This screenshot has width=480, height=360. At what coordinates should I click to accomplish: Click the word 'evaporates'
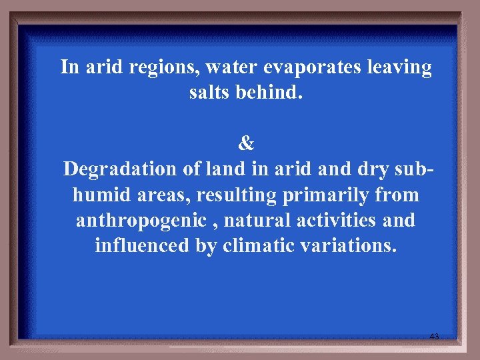click(315, 67)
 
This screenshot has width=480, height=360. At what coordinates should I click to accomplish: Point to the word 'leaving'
click(398, 67)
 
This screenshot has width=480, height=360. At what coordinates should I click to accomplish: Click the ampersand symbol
click(246, 143)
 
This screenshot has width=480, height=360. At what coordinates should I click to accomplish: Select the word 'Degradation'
click(121, 169)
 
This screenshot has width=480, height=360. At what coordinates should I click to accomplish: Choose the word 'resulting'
click(227, 195)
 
